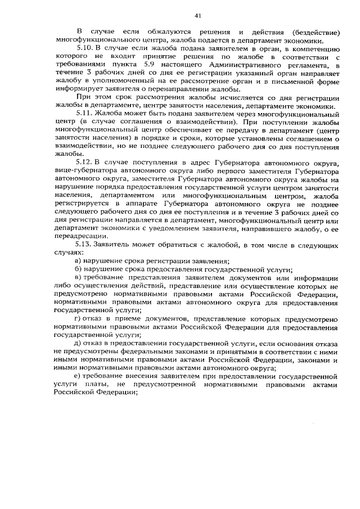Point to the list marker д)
[x=79, y=343]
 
